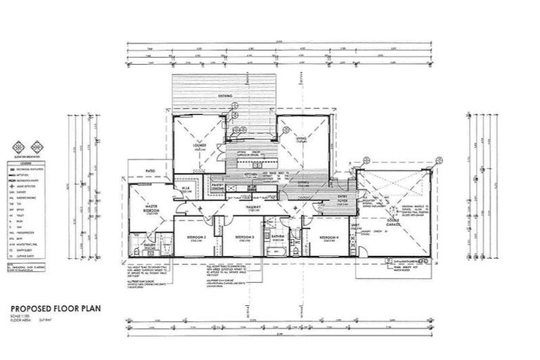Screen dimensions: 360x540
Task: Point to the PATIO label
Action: (x=150, y=171)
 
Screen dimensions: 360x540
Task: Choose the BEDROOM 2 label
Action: (x=196, y=238)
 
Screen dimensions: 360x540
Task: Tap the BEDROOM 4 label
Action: (x=328, y=238)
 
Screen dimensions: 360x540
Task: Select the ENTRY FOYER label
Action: (x=344, y=200)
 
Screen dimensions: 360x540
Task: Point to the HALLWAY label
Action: (x=253, y=208)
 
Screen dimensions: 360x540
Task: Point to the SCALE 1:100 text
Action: (x=20, y=315)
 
